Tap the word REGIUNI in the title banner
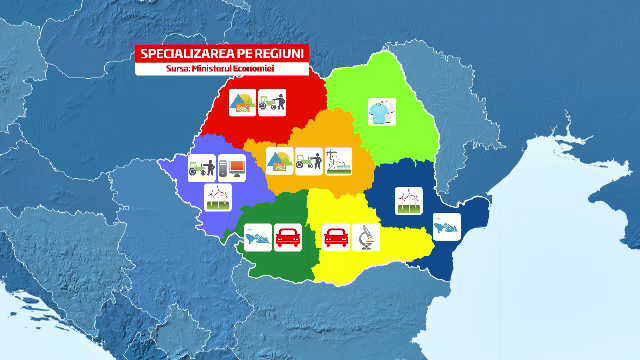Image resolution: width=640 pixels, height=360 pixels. [282, 54]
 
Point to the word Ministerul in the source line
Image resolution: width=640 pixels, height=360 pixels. [214, 68]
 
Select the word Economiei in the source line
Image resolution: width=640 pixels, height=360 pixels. [256, 68]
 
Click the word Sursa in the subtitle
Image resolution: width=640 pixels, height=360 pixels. [179, 68]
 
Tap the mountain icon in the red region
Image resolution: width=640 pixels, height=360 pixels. [242, 103]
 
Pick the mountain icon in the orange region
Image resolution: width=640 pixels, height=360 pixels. [279, 160]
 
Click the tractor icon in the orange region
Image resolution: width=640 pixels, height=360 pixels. [309, 160]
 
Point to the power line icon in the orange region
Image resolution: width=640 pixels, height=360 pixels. [340, 160]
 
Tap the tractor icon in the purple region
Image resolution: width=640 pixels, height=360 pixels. [203, 166]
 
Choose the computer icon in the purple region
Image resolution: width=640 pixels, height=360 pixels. [233, 166]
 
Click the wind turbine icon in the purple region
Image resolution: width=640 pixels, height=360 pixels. [218, 196]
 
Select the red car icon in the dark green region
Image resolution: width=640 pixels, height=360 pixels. [289, 238]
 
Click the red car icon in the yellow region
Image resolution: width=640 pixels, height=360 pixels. [337, 238]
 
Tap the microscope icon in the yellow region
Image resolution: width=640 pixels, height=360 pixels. [367, 238]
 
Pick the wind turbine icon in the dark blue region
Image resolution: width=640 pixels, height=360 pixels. [408, 200]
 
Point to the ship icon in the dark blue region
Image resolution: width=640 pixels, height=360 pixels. [446, 227]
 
